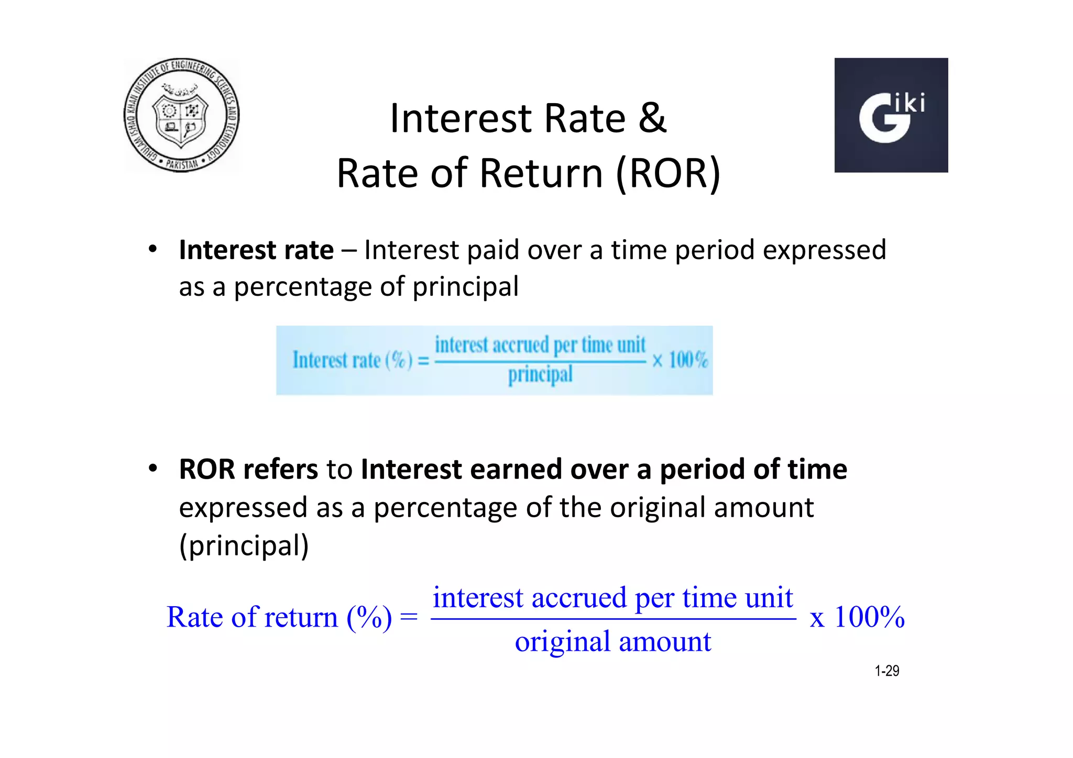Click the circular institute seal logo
pyautogui.click(x=181, y=115)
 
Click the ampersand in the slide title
pyautogui.click(x=652, y=118)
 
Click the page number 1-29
pyautogui.click(x=886, y=671)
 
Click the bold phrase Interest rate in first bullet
pyautogui.click(x=256, y=250)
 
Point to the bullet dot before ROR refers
pyautogui.click(x=152, y=469)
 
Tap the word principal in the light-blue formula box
pyautogui.click(x=540, y=375)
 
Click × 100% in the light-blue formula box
pyautogui.click(x=680, y=360)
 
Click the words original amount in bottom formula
pyautogui.click(x=612, y=642)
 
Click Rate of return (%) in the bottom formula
pyautogui.click(x=279, y=617)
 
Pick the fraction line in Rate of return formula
pyautogui.click(x=612, y=619)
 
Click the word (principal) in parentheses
pyautogui.click(x=244, y=545)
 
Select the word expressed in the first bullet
pyautogui.click(x=824, y=250)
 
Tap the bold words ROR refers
pyautogui.click(x=248, y=469)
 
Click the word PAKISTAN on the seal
pyautogui.click(x=182, y=164)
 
